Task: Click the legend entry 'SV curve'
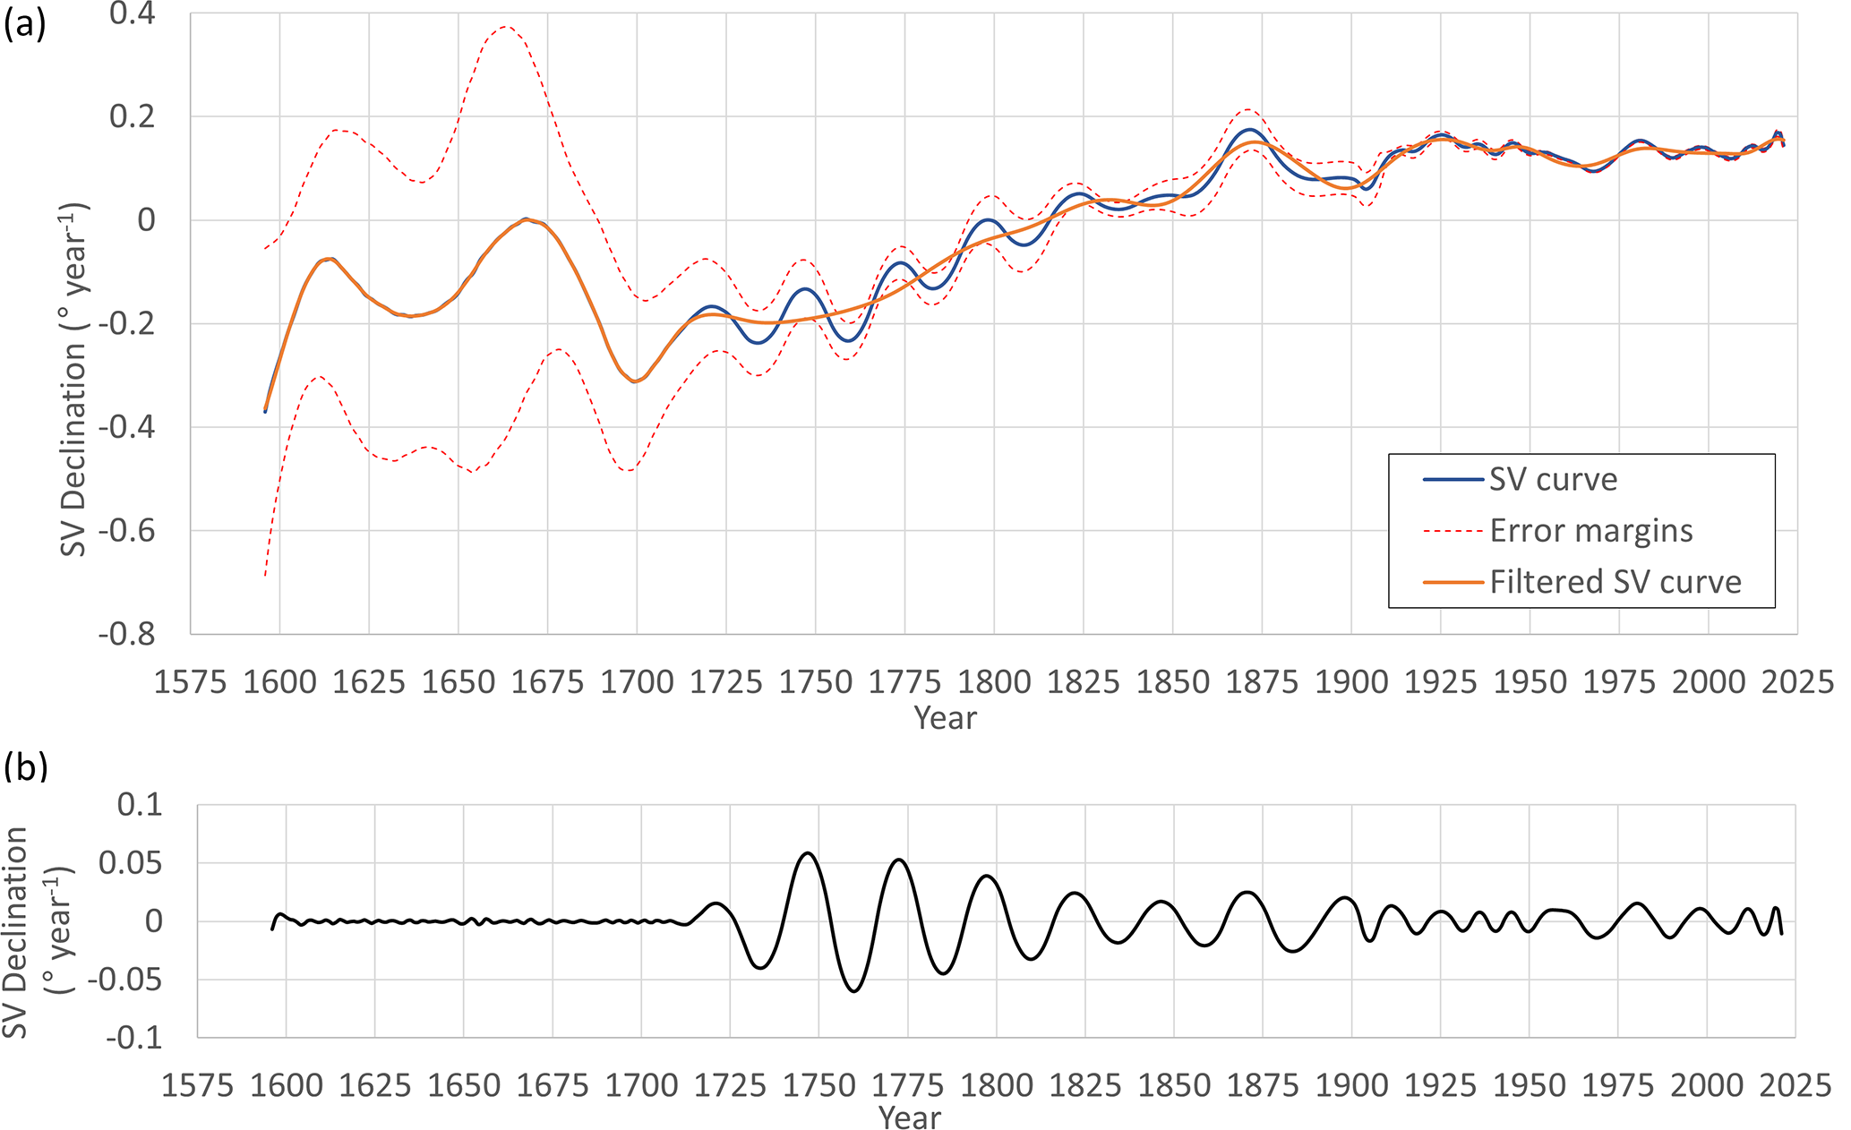coord(1553,480)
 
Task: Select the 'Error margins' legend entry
coord(1590,531)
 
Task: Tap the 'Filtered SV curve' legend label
coord(1615,582)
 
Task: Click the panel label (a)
coord(24,24)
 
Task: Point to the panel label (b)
coord(25,766)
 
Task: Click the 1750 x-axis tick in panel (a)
coord(814,682)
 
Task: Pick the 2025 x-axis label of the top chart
coord(1796,682)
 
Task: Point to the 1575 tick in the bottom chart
coord(196,1086)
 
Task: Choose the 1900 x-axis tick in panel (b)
coord(1350,1086)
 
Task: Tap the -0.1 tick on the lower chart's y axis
coord(134,1038)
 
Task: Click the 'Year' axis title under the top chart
coord(945,718)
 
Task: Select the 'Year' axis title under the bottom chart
coord(909,1117)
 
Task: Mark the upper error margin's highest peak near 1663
coord(505,27)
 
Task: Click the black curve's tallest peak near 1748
coord(808,852)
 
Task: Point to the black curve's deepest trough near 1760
coord(853,991)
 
